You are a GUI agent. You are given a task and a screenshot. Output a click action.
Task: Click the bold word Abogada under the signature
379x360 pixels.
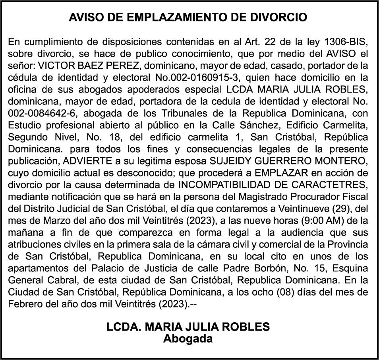click(188, 339)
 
